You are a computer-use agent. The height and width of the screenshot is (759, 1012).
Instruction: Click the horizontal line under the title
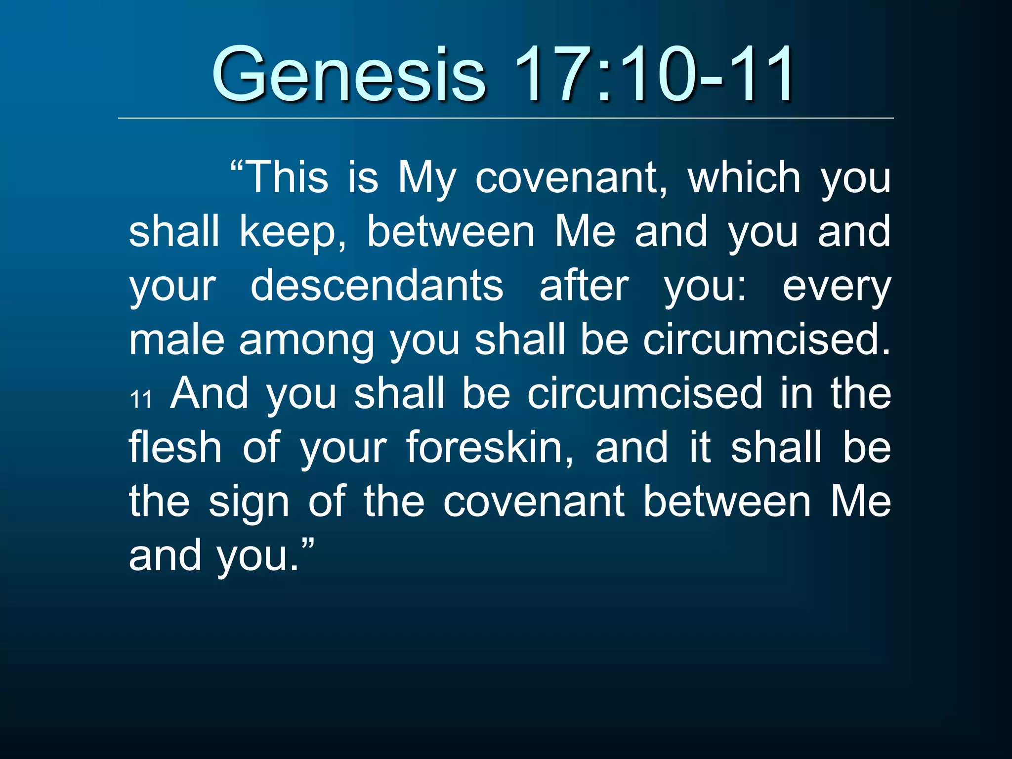[x=506, y=119]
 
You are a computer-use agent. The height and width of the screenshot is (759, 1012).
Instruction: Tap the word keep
[x=292, y=232]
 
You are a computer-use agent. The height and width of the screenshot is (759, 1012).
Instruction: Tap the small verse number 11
[x=141, y=399]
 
